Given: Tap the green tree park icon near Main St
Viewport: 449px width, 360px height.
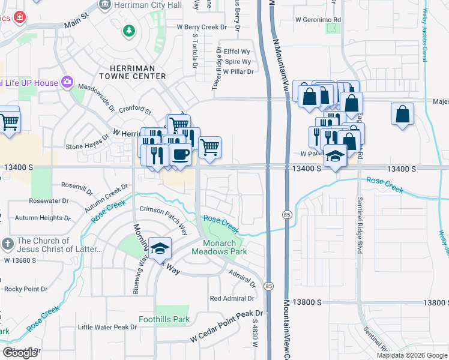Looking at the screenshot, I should pos(128,30).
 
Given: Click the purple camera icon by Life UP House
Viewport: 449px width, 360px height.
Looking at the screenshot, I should pos(68,82).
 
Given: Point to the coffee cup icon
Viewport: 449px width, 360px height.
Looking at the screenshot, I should pos(180,154).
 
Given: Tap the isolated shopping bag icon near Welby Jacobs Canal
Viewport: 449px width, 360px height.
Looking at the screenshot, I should pos(402,113).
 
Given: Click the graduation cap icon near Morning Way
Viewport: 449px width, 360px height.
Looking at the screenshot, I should pos(160,248).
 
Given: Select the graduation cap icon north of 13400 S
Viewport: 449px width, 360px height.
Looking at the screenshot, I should pos(335,157).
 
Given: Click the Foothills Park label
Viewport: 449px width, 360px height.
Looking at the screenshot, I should pos(164,319).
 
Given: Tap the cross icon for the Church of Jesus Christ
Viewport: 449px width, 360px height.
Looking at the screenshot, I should pos(7,244).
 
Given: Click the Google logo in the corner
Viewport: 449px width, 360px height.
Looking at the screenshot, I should pos(20,353).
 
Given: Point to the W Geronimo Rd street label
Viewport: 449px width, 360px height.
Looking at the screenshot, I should pos(318,19).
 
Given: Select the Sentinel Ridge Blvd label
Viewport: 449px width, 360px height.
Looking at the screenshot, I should pos(360,225).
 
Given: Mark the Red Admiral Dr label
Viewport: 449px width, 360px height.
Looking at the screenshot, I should pos(232,298).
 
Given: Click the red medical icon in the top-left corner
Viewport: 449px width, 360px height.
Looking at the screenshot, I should pos(20,17).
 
